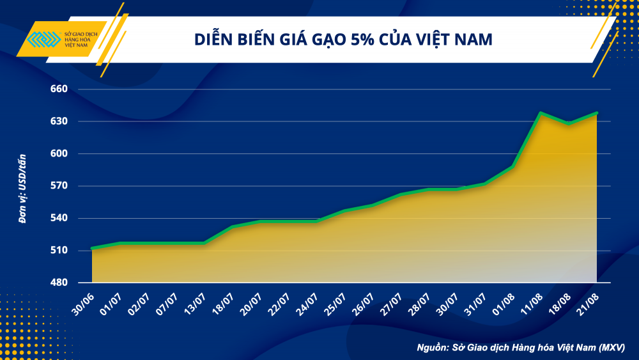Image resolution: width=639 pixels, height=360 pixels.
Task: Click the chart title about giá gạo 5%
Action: click(x=343, y=40)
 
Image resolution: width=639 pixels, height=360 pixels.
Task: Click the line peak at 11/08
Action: click(x=541, y=113)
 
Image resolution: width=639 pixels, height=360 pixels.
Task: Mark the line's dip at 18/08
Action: click(x=569, y=123)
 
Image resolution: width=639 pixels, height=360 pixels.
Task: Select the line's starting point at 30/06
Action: click(x=93, y=248)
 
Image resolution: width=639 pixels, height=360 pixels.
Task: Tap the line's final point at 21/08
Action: click(x=596, y=113)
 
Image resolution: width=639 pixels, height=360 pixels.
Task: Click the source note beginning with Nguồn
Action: click(x=520, y=347)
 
